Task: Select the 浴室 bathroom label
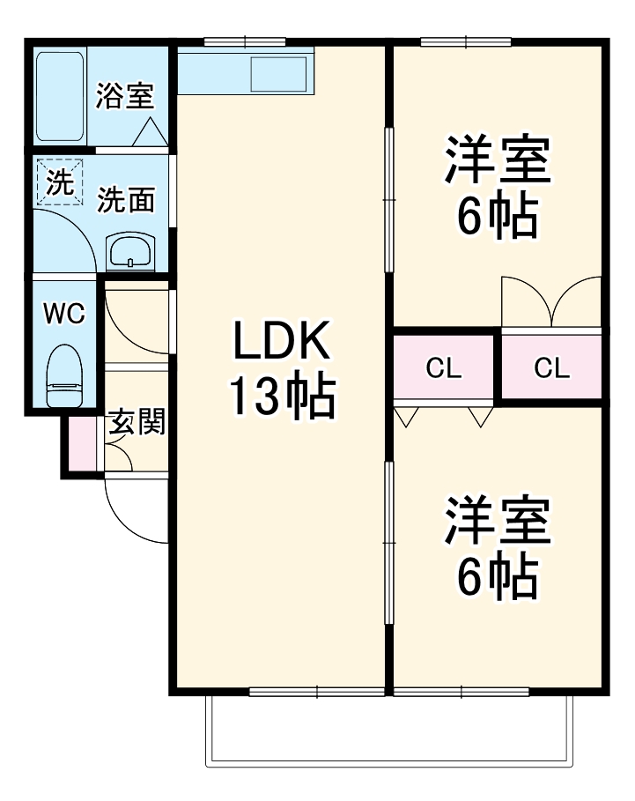point(125,96)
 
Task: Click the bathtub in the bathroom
point(60,96)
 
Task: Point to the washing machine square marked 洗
point(60,182)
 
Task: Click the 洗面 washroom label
point(125,201)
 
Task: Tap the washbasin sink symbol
point(130,253)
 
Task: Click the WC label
point(64,314)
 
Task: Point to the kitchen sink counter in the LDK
point(246,70)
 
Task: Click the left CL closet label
point(444,368)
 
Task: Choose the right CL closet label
point(551,368)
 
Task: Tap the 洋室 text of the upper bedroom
point(498,159)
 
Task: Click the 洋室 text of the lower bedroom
point(498,522)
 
